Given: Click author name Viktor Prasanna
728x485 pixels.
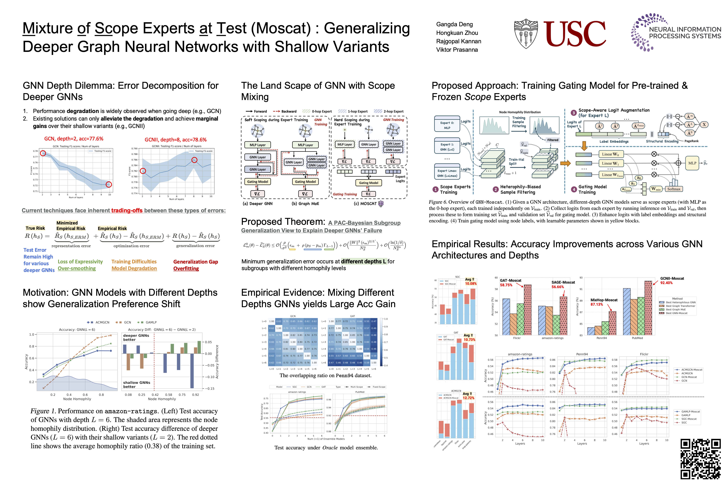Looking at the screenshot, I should pos(457,50).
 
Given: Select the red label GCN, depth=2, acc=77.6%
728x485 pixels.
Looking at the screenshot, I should pos(74,139).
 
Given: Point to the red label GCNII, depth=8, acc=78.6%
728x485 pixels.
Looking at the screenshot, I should pos(175,140).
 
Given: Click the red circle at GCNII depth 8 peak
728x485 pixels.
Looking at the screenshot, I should pos(194,160).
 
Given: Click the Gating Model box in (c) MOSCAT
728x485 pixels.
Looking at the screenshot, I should pos(368,183).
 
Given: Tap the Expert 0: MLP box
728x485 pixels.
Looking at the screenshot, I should pos(447,125).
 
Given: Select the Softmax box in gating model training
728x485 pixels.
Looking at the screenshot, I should pos(674,189).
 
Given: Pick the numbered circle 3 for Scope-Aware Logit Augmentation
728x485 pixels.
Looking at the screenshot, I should pos(573,113).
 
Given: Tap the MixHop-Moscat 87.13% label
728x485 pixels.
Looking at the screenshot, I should pos(604,302).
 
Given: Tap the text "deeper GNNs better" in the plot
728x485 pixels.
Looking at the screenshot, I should pos(136,337).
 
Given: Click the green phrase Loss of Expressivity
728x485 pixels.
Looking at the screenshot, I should pos(80,262).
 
